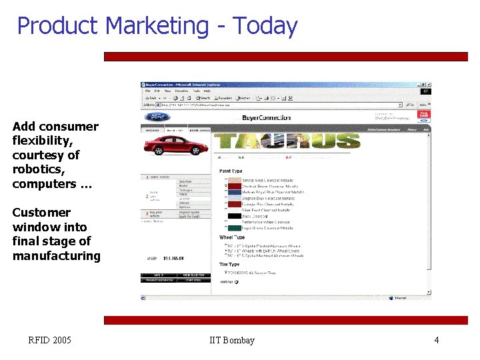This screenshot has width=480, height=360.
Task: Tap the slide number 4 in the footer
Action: [x=436, y=340]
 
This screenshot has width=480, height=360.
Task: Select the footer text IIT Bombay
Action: [x=231, y=340]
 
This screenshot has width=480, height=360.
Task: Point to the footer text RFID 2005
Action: [x=49, y=340]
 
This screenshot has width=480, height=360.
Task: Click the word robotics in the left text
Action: [x=37, y=169]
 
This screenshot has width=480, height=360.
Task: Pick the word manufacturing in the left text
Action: [x=56, y=255]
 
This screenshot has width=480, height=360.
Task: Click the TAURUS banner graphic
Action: [x=287, y=141]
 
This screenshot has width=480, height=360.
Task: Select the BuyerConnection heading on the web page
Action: [x=266, y=118]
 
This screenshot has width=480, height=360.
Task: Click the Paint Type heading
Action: [x=231, y=171]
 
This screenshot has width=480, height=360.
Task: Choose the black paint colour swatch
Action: [x=235, y=216]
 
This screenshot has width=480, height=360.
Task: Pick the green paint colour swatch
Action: [x=235, y=228]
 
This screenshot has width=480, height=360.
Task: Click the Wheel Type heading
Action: [x=232, y=237]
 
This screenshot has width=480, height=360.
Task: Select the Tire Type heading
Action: [x=229, y=265]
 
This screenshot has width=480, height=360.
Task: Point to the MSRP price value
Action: [x=175, y=258]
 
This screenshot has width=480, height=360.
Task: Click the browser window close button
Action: [x=429, y=85]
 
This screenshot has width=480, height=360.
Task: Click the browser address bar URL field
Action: [x=280, y=105]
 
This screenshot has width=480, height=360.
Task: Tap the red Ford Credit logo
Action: [x=422, y=116]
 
